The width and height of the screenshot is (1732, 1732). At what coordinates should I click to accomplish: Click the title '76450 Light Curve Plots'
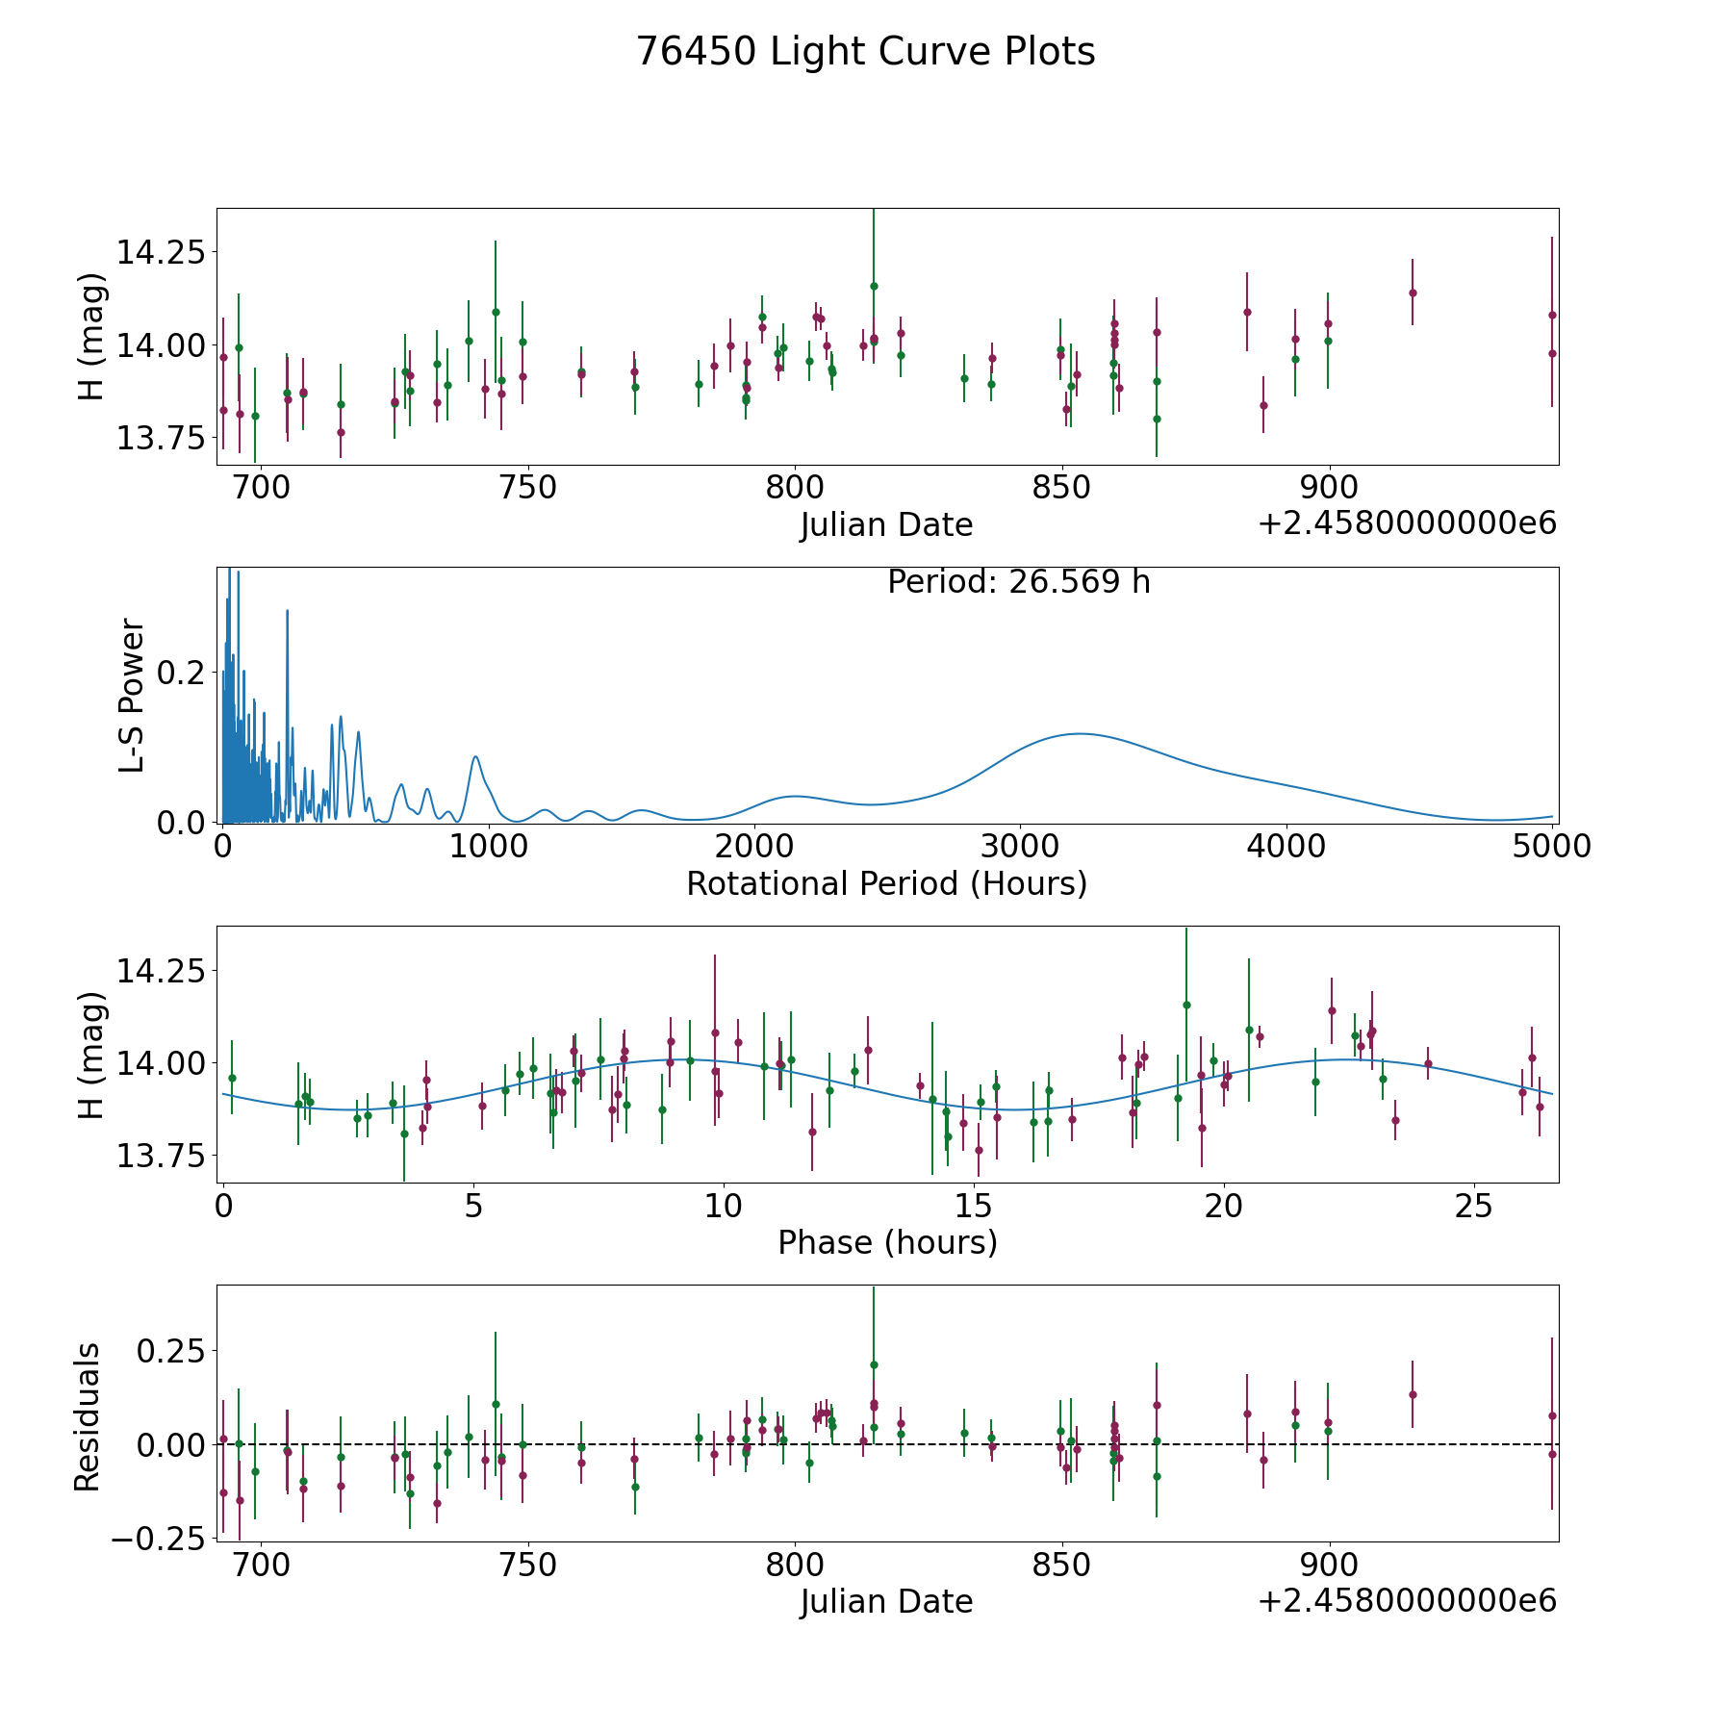click(x=865, y=52)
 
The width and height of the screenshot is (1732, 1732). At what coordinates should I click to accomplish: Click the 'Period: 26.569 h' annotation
click(x=1018, y=582)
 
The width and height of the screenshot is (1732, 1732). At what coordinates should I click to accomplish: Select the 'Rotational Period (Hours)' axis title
click(x=886, y=883)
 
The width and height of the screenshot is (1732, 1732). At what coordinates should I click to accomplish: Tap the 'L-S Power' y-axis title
click(x=132, y=695)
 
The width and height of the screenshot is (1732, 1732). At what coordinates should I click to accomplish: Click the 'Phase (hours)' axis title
click(x=887, y=1242)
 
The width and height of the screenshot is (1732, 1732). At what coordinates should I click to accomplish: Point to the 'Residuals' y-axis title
click(x=88, y=1416)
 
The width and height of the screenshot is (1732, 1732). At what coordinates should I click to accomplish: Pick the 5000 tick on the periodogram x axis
click(x=1551, y=847)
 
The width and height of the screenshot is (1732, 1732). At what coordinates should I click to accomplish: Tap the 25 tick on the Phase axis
click(x=1473, y=1206)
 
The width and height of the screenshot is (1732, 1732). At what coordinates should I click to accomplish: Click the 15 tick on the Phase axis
click(x=974, y=1206)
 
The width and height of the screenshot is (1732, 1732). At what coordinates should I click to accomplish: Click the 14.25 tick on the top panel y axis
click(x=161, y=253)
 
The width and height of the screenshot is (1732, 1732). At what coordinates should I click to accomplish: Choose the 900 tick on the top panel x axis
click(x=1329, y=488)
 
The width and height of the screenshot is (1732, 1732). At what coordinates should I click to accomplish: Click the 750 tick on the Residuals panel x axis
click(x=528, y=1565)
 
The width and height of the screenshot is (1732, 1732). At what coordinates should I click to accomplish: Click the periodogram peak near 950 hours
click(x=475, y=756)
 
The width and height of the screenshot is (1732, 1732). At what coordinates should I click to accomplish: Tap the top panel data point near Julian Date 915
click(x=1413, y=293)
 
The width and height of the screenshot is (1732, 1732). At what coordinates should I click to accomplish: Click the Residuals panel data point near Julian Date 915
click(x=1413, y=1394)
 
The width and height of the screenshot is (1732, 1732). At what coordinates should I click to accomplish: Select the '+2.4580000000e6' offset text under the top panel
click(x=1407, y=523)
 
